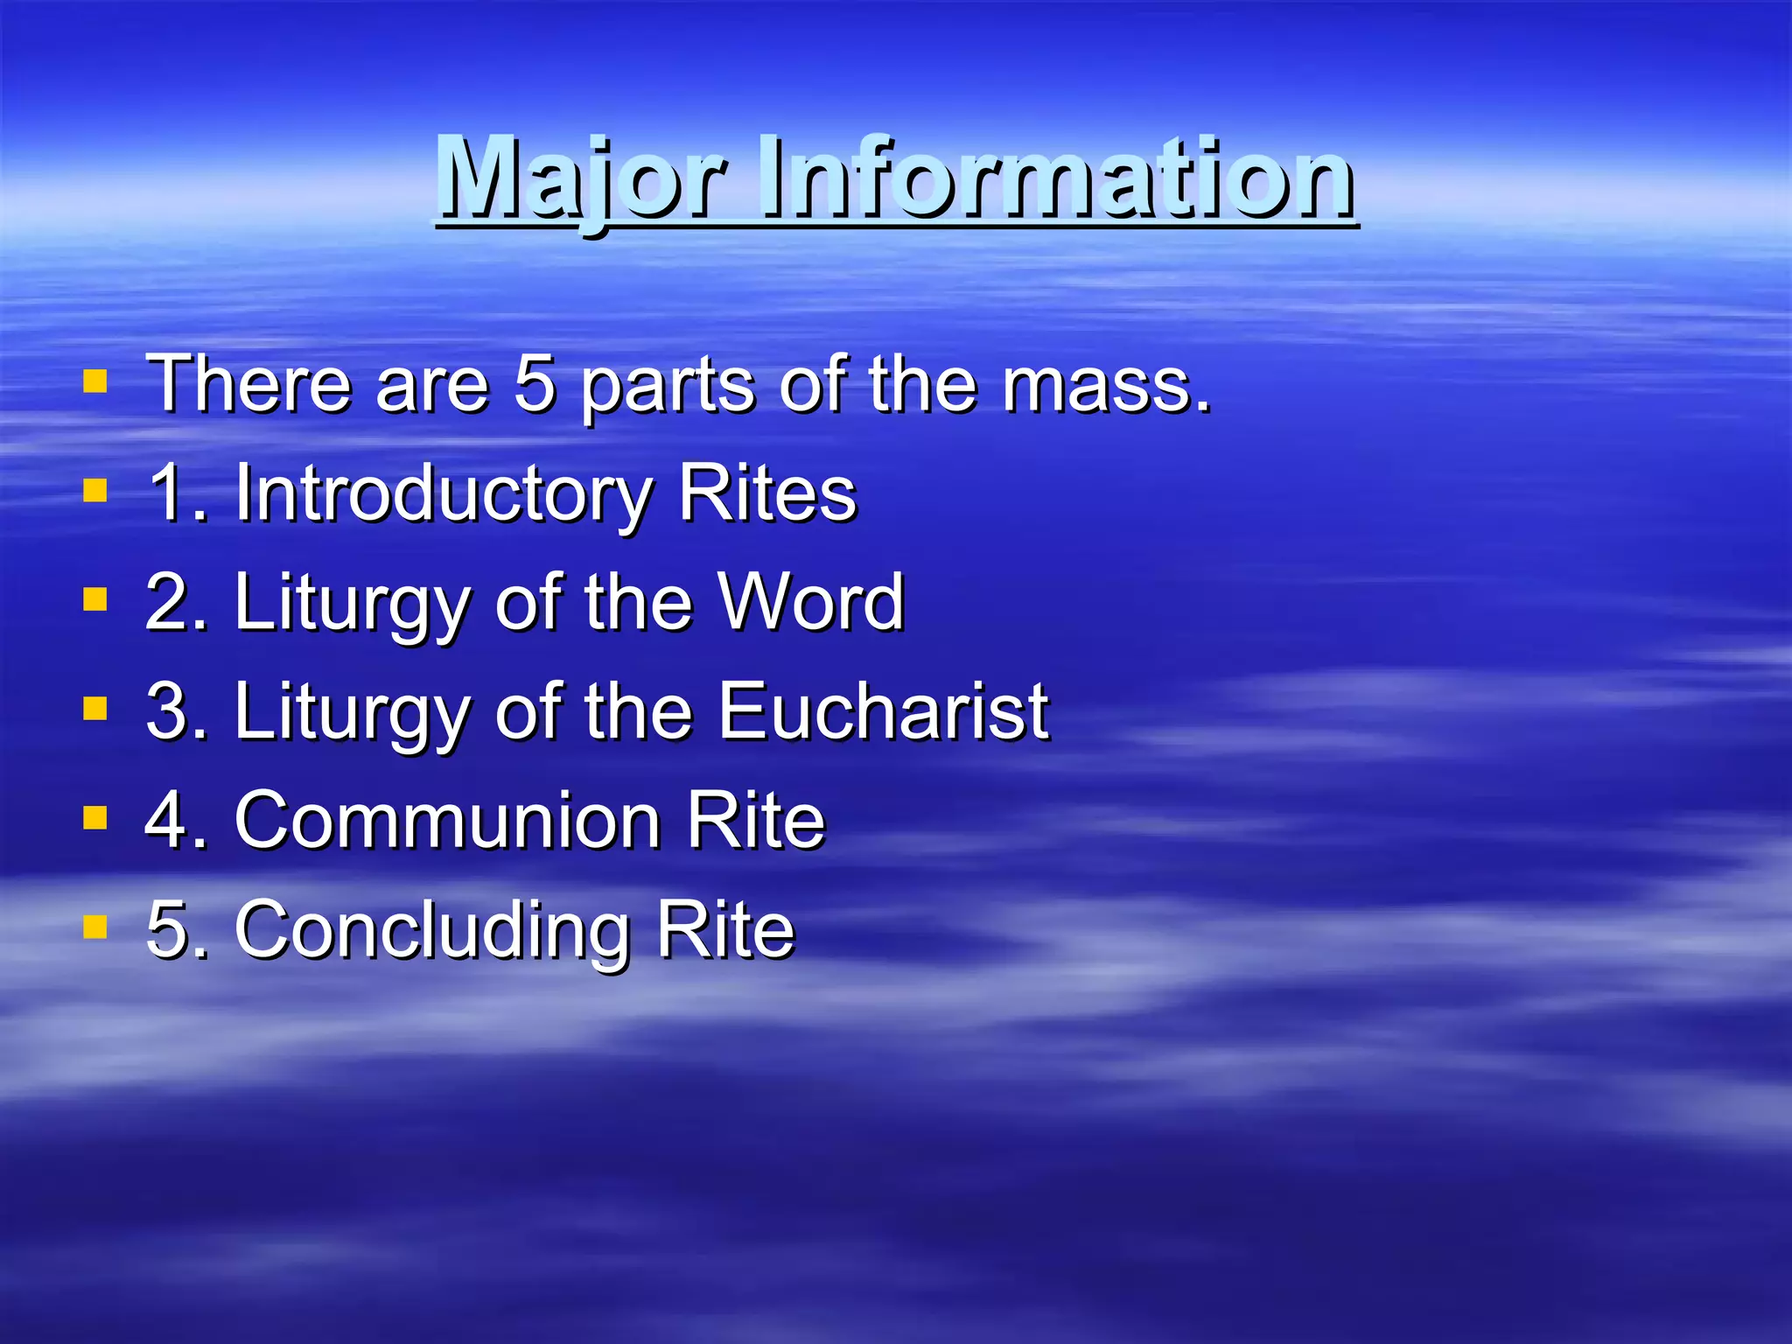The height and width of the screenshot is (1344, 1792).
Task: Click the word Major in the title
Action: (581, 179)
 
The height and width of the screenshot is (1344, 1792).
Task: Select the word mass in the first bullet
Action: (1107, 385)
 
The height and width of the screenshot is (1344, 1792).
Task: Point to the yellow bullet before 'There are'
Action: (94, 381)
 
